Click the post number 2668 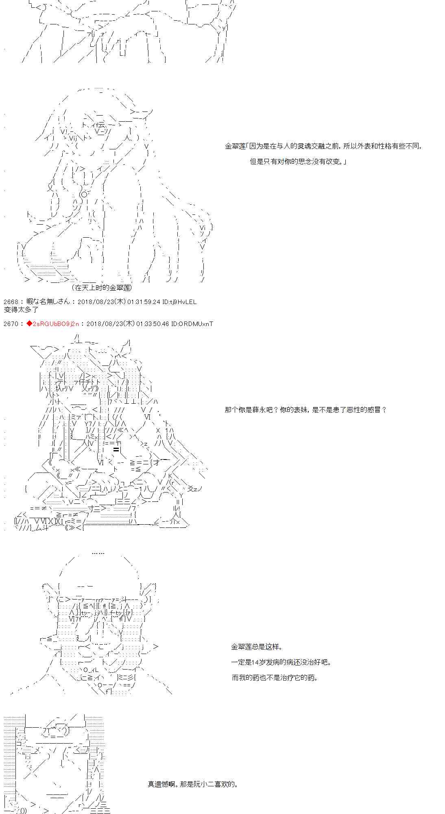coord(10,302)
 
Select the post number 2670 coord(10,324)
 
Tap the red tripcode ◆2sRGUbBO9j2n coord(53,324)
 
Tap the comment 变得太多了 coord(21,309)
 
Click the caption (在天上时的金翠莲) coord(102,288)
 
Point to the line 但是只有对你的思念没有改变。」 coord(298,162)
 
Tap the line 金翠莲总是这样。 coord(257,647)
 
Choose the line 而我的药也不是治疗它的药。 coord(275,678)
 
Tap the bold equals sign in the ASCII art coord(116,449)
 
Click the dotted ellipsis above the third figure coord(98,553)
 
